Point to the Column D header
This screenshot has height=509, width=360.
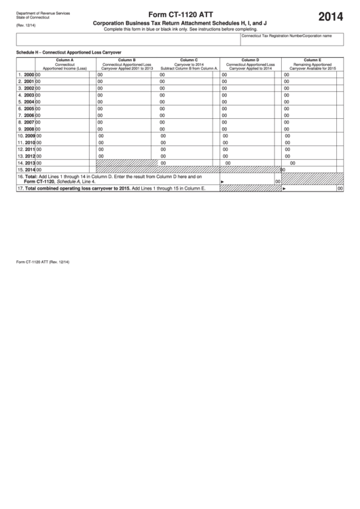click(x=250, y=60)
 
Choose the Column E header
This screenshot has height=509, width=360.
click(x=312, y=60)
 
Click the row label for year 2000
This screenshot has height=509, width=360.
click(x=26, y=74)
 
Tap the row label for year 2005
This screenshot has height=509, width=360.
click(x=26, y=109)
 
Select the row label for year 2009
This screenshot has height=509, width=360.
click(x=25, y=136)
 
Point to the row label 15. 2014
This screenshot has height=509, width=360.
click(x=25, y=170)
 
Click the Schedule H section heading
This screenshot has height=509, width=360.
click(x=68, y=52)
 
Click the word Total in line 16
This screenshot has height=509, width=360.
click(x=32, y=177)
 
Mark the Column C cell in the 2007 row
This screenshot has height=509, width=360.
click(x=188, y=122)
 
